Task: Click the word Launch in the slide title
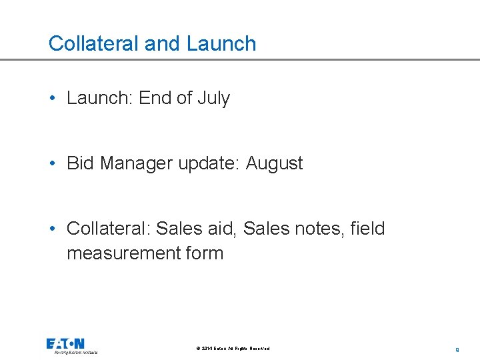221,44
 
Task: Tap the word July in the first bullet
213,99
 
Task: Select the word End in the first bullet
155,99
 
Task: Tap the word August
274,164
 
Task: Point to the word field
366,229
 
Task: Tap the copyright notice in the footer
233,349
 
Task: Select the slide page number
457,349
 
